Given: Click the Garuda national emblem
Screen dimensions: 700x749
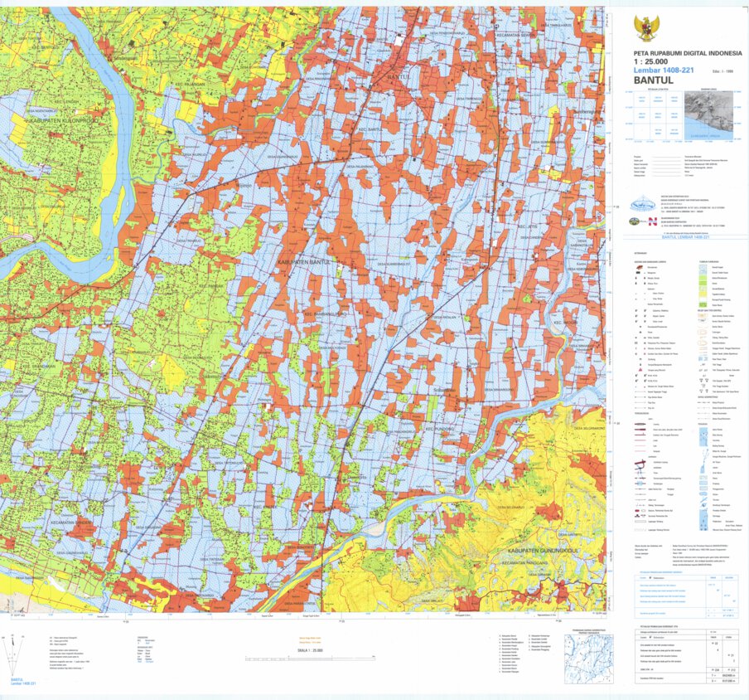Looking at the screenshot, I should [645, 29].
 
